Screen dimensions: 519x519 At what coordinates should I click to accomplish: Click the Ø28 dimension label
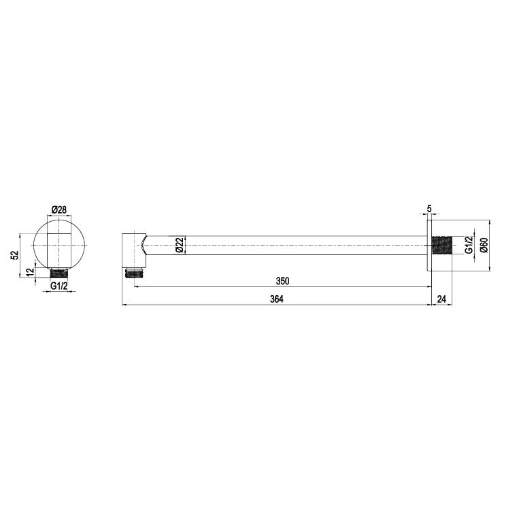tap(59, 210)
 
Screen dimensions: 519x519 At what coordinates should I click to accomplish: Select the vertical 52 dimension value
tap(14, 254)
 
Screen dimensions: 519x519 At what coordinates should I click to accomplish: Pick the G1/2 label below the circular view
tap(59, 286)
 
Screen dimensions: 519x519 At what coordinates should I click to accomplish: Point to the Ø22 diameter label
tap(179, 246)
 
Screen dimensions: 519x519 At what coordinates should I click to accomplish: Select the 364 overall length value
tap(276, 299)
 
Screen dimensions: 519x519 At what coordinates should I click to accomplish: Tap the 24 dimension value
tap(441, 299)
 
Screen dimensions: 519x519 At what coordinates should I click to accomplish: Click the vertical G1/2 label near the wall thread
tap(468, 246)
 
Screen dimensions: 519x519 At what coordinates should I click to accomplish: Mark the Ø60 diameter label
tap(483, 246)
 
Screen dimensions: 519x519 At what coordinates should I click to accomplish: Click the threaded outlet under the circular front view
tap(59, 272)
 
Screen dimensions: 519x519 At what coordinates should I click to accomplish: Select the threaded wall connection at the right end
tap(441, 246)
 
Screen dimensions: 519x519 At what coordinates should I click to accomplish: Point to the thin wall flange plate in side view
tap(429, 246)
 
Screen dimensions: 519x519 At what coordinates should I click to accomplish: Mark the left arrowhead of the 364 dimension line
tap(124, 305)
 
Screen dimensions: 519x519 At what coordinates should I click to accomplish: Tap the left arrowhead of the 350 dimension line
tap(135, 286)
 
